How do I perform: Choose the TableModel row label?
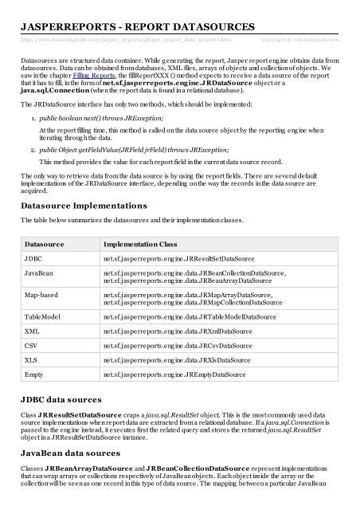(45, 317)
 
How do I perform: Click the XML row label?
(33, 331)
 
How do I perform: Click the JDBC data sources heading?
(61, 398)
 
